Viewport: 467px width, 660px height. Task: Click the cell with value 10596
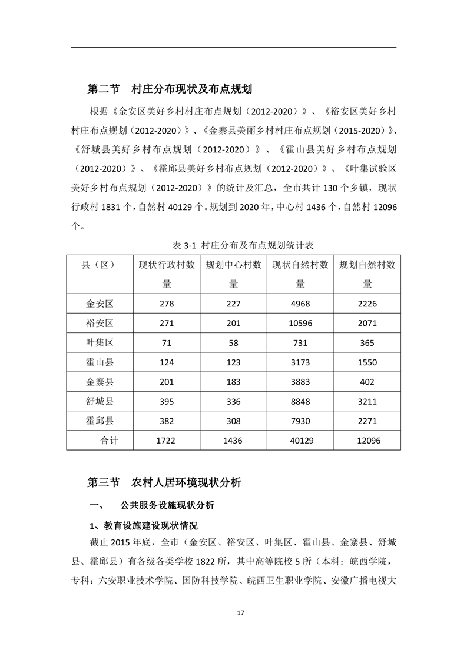(300, 323)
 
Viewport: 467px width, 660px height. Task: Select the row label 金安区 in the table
(100, 304)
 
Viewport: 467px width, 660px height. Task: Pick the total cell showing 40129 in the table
(300, 440)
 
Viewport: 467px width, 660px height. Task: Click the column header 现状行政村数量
(167, 274)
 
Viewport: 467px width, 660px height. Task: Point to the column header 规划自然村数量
(367, 274)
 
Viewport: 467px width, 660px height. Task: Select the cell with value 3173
(300, 362)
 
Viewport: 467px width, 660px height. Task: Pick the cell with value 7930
(300, 421)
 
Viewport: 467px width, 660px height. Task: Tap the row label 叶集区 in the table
(100, 342)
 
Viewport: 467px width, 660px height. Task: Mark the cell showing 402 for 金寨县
(367, 382)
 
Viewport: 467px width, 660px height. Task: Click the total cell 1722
(167, 440)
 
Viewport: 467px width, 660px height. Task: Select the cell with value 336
(234, 401)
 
